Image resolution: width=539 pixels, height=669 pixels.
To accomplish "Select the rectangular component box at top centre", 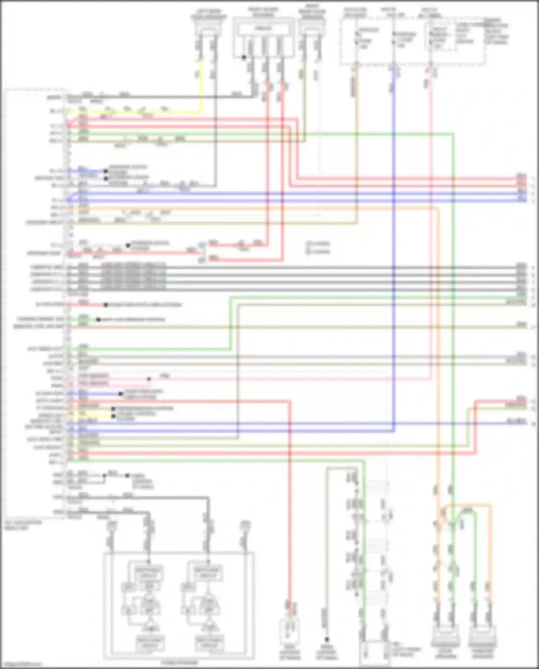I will [263, 38].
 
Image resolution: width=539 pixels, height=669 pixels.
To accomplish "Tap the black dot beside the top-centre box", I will [244, 57].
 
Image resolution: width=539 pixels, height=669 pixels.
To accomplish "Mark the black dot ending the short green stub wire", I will [98, 320].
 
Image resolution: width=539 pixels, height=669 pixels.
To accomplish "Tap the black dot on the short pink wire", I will [149, 379].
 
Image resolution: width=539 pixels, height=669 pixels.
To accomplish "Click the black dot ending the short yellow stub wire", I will [114, 416].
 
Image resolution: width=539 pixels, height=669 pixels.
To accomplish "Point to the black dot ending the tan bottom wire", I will [327, 640].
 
